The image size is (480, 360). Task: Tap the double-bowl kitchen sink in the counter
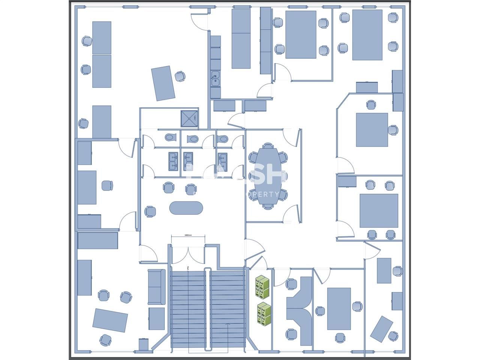[215, 79]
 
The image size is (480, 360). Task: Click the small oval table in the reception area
[186, 208]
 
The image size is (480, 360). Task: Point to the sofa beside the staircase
[156, 287]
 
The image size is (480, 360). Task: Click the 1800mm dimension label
[188, 235]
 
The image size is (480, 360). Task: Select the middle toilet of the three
[193, 139]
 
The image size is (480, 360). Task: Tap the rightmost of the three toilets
[223, 139]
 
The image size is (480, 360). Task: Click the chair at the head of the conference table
[267, 146]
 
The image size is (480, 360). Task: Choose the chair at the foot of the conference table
[267, 206]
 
